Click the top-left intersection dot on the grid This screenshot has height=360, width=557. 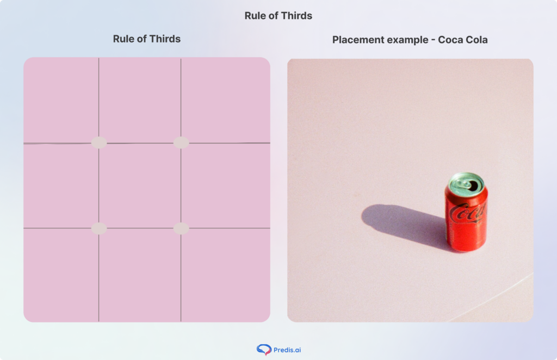[x=98, y=142]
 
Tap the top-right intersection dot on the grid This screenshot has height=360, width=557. [x=181, y=142]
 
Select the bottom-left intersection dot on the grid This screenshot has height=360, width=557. [x=98, y=228]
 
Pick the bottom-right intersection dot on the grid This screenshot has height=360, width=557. [x=181, y=228]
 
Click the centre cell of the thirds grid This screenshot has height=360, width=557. [x=140, y=185]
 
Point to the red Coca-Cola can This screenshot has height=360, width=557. [x=466, y=218]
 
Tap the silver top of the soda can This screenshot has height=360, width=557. [x=466, y=182]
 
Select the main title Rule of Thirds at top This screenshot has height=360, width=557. [x=278, y=15]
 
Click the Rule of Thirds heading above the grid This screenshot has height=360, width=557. [x=146, y=39]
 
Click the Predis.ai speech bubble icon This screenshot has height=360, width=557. [x=264, y=350]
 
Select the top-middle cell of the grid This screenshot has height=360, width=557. [x=140, y=100]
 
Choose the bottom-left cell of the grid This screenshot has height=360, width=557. [x=61, y=275]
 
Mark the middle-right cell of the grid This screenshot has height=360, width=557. [x=225, y=185]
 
